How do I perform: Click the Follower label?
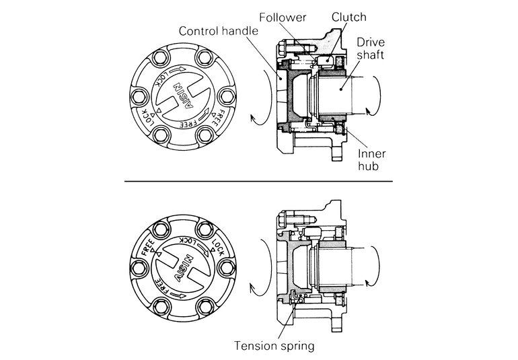click(x=283, y=17)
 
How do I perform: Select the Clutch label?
click(x=349, y=17)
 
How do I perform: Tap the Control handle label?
click(x=219, y=31)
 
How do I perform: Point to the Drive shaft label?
click(x=371, y=48)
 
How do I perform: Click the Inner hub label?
click(x=371, y=159)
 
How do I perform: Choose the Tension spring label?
click(x=274, y=346)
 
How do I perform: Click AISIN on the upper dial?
click(x=183, y=96)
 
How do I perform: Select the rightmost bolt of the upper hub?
click(x=227, y=96)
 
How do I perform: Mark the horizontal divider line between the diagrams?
click(x=259, y=181)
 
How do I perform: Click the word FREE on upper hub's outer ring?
click(x=215, y=119)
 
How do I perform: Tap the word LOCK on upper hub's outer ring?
click(x=148, y=117)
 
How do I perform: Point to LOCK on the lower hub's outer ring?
click(x=218, y=247)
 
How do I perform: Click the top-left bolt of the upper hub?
click(x=161, y=58)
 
